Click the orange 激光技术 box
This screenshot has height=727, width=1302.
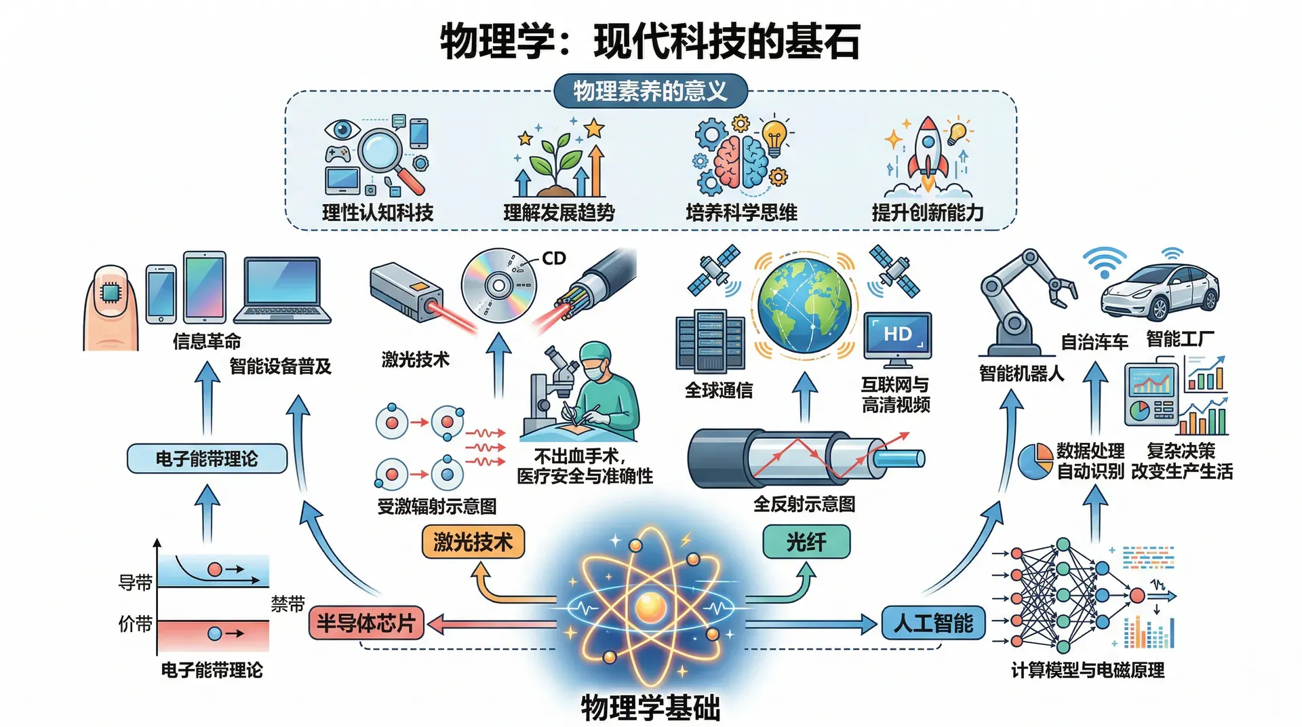pyautogui.click(x=473, y=542)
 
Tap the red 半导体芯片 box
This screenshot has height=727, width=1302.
pyautogui.click(x=366, y=623)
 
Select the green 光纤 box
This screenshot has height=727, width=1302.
pyautogui.click(x=806, y=542)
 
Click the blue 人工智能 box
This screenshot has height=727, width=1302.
pyautogui.click(x=932, y=623)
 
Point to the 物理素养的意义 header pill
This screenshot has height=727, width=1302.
pyautogui.click(x=650, y=91)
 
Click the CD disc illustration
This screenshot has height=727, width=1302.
pyautogui.click(x=498, y=286)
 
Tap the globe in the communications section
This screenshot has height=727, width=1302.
pyautogui.click(x=804, y=304)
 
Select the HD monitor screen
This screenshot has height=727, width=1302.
pyautogui.click(x=897, y=334)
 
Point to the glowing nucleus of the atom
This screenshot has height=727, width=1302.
pyautogui.click(x=650, y=606)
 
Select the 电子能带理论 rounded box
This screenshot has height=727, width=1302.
pyautogui.click(x=207, y=458)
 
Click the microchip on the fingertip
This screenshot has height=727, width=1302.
pyautogui.click(x=111, y=292)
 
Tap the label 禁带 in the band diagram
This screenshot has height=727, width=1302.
pyautogui.click(x=288, y=604)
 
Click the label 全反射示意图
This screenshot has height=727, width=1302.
pyautogui.click(x=804, y=504)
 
